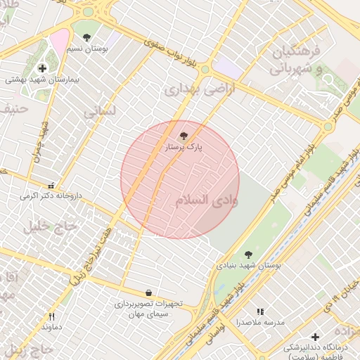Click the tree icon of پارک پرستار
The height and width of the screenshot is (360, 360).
click(184, 136)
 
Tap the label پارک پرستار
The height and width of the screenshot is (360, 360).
click(184, 148)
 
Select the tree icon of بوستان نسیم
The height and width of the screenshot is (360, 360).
click(86, 37)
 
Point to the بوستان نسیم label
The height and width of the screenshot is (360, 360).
click(86, 49)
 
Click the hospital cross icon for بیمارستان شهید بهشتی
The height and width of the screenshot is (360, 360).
click(43, 68)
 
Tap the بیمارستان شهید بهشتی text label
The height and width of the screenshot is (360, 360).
click(43, 80)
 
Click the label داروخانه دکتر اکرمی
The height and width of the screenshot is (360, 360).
click(51, 195)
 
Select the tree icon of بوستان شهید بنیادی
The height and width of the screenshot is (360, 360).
click(247, 255)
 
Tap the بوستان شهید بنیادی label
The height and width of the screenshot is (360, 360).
click(247, 266)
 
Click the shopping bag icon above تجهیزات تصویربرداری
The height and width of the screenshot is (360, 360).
click(148, 292)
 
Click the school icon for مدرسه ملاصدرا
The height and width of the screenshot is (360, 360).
click(260, 311)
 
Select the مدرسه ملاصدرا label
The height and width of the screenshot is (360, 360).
click(260, 322)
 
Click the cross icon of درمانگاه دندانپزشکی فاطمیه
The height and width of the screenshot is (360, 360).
click(315, 337)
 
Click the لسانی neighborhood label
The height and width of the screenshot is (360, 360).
click(98, 112)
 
